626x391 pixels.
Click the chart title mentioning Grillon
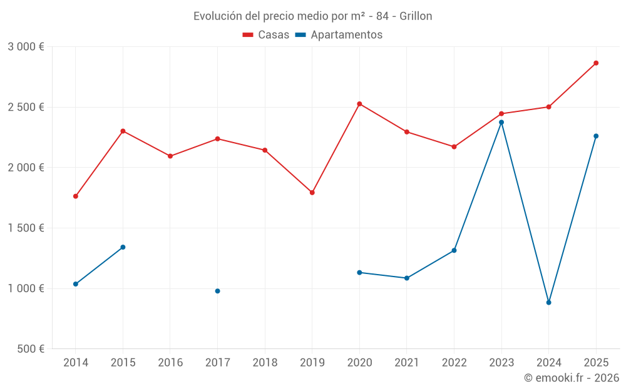click(x=312, y=16)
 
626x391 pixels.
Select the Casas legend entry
click(x=266, y=35)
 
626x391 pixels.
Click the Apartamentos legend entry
click(x=339, y=35)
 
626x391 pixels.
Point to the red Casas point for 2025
click(x=596, y=63)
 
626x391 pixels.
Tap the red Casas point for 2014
click(x=76, y=196)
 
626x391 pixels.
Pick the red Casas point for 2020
click(x=359, y=104)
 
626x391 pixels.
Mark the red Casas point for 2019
click(x=312, y=193)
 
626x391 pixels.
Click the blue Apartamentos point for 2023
click(x=501, y=122)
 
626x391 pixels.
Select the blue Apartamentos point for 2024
click(x=548, y=302)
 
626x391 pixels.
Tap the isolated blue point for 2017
click(x=217, y=291)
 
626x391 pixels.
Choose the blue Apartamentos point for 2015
click(x=123, y=247)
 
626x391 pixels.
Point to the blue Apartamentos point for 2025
click(x=596, y=136)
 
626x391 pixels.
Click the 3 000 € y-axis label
click(x=26, y=47)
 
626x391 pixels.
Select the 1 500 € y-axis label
click(x=26, y=228)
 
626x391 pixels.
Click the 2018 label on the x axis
click(x=265, y=363)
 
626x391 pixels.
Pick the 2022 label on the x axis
click(x=454, y=363)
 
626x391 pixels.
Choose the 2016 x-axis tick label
click(x=170, y=363)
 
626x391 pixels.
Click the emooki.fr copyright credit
click(x=571, y=378)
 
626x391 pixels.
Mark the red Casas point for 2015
click(x=123, y=131)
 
